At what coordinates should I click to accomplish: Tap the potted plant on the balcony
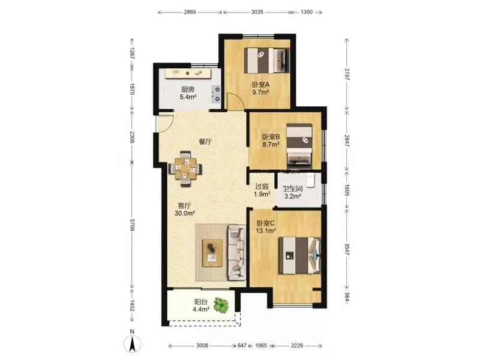coord(221,305)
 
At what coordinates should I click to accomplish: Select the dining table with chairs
coord(185,169)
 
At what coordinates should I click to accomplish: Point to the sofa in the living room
coord(236,253)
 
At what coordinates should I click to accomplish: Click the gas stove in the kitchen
coord(215,94)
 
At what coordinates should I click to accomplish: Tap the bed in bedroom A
coord(266,61)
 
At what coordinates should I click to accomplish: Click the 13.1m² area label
coord(266,231)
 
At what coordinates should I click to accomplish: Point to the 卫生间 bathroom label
coord(292,189)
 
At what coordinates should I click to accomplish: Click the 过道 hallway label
coord(262,186)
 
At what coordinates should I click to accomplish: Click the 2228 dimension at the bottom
coord(297,346)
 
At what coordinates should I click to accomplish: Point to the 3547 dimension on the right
coord(347,249)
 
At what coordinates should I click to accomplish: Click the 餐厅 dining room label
coord(205,142)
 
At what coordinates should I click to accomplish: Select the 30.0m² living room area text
coord(185,214)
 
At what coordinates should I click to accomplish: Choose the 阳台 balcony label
coord(201,302)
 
